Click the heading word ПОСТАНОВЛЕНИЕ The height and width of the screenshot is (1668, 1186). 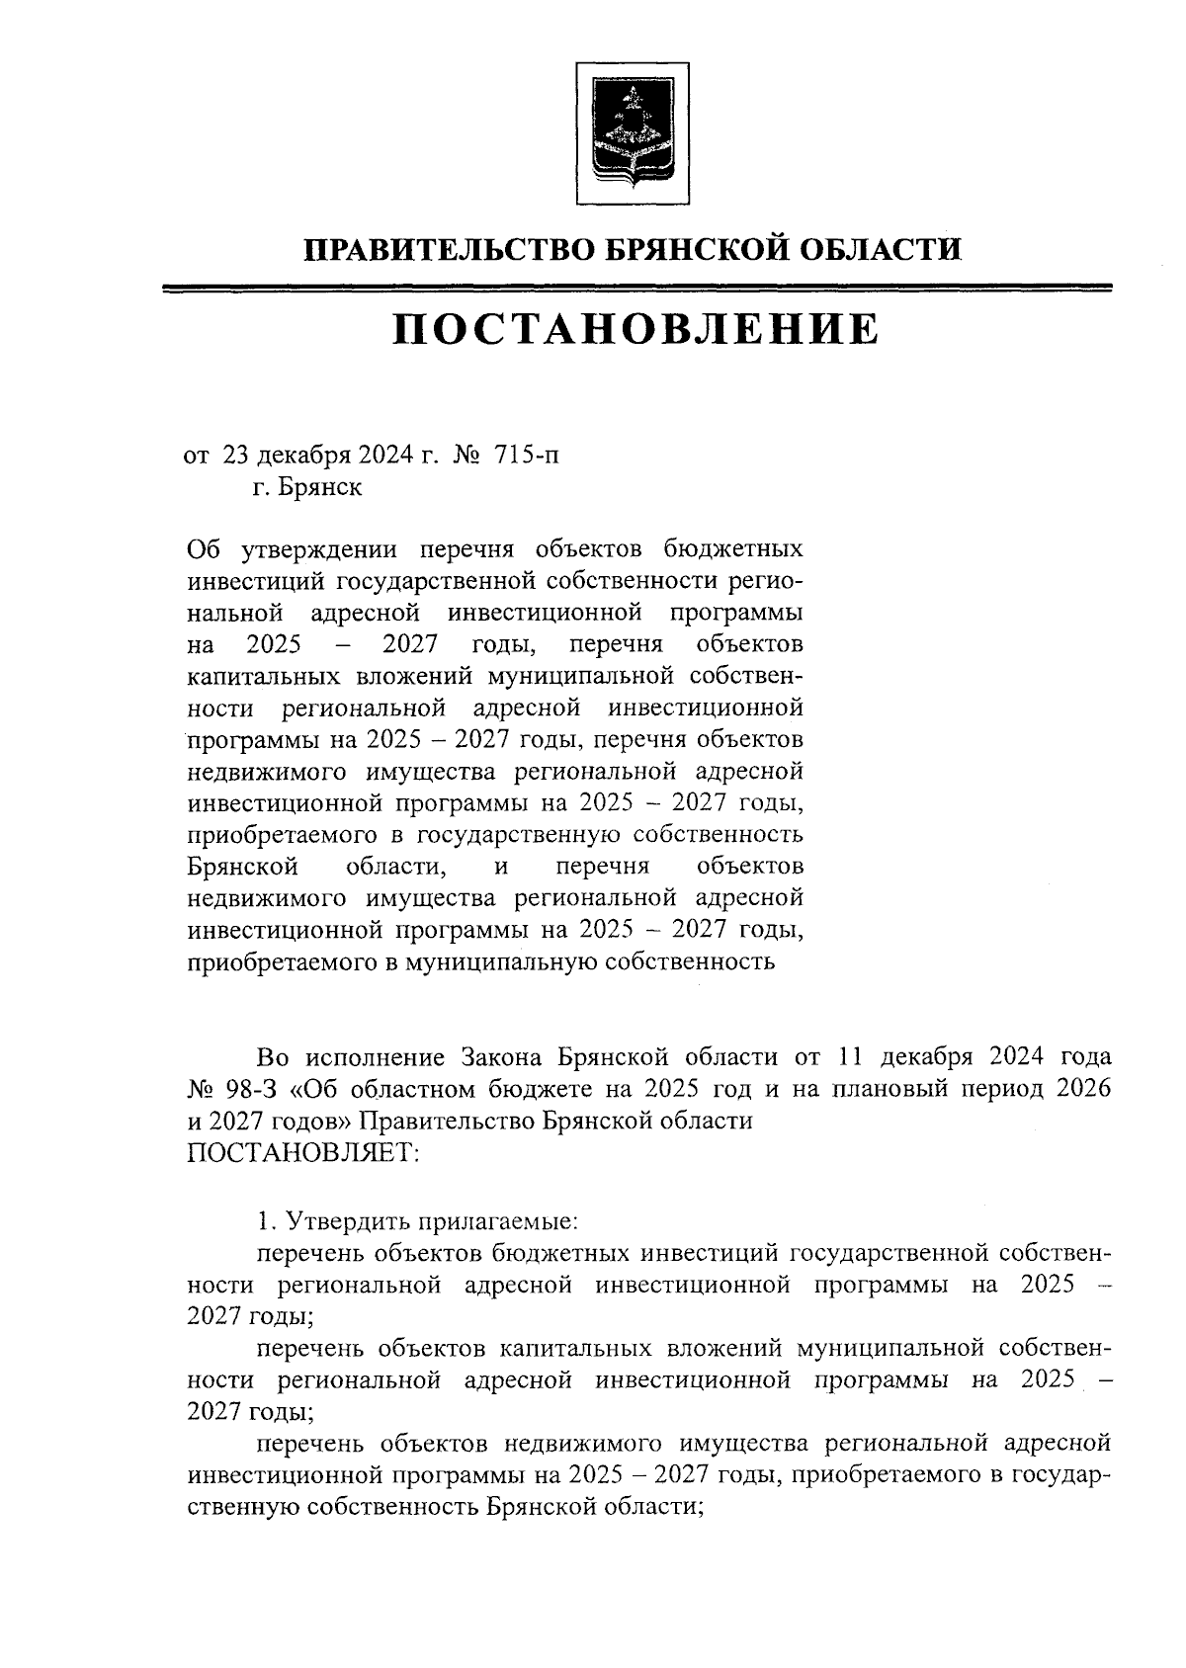[x=635, y=329]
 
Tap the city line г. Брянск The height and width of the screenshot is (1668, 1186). [x=306, y=487]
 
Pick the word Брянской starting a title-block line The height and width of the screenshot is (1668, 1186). [x=243, y=867]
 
